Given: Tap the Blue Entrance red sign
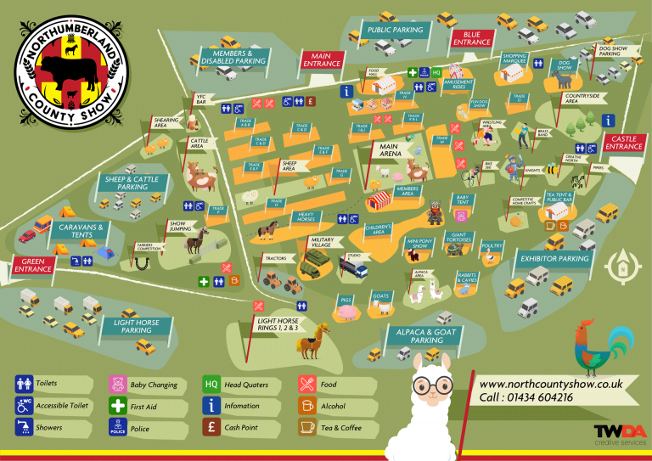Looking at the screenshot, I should (x=472, y=37).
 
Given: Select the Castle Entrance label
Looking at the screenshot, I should (x=624, y=142).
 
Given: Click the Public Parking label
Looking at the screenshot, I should (x=395, y=30).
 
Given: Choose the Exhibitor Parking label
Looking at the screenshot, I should (x=554, y=258).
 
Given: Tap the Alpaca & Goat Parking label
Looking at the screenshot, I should (x=426, y=335).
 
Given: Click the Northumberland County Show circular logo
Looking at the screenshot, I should (x=72, y=68).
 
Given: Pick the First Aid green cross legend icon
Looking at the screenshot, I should (x=118, y=407).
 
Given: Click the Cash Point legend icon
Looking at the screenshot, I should (x=212, y=428).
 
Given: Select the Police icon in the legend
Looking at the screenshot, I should (x=118, y=428).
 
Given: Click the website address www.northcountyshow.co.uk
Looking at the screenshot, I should (x=550, y=384).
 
